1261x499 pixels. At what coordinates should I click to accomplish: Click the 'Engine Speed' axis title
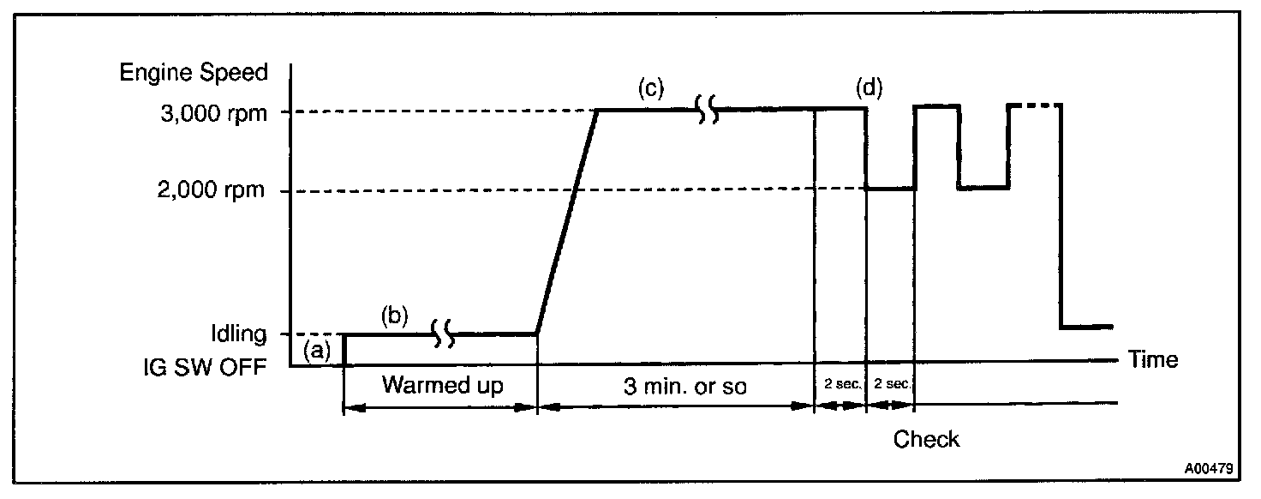pyautogui.click(x=194, y=72)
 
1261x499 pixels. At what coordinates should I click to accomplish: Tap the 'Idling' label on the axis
pyautogui.click(x=241, y=333)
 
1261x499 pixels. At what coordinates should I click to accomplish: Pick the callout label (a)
pyautogui.click(x=317, y=349)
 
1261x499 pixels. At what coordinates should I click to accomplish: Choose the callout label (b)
pyautogui.click(x=395, y=315)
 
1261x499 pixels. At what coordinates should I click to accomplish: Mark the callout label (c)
pyautogui.click(x=651, y=87)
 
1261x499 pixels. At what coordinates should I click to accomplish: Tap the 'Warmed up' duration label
pyautogui.click(x=443, y=385)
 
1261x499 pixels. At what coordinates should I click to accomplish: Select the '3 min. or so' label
pyautogui.click(x=684, y=387)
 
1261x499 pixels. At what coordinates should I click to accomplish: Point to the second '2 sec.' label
pyautogui.click(x=892, y=385)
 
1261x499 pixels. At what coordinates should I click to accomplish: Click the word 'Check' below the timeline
pyautogui.click(x=926, y=440)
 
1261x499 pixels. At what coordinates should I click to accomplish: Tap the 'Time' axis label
pyautogui.click(x=1153, y=359)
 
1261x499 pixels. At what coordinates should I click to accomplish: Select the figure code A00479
pyautogui.click(x=1209, y=469)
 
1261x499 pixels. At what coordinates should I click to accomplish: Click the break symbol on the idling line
pyautogui.click(x=443, y=333)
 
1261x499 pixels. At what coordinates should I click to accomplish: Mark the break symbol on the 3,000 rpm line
pyautogui.click(x=708, y=109)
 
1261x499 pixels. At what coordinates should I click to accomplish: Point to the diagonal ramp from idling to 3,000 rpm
pyautogui.click(x=567, y=220)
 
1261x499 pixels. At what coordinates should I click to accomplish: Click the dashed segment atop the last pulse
pyautogui.click(x=1037, y=105)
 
